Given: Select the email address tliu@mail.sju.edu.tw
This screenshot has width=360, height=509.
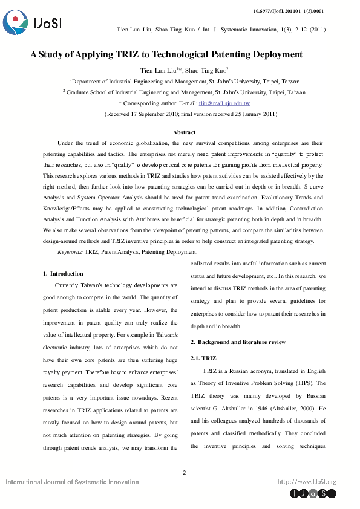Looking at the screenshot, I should click(224, 103).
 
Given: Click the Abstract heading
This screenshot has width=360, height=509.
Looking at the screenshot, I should click(184, 132).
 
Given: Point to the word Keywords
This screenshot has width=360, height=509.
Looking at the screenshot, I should click(70, 251).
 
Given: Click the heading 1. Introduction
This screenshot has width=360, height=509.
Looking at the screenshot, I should click(64, 274).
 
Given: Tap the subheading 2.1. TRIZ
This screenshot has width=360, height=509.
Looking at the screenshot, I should click(203, 358).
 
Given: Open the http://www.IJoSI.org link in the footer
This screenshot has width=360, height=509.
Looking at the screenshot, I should click(306, 482).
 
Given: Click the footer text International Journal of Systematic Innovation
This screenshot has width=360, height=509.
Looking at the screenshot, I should click(72, 482).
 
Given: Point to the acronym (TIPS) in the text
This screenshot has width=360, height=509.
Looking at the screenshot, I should click(311, 383).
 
